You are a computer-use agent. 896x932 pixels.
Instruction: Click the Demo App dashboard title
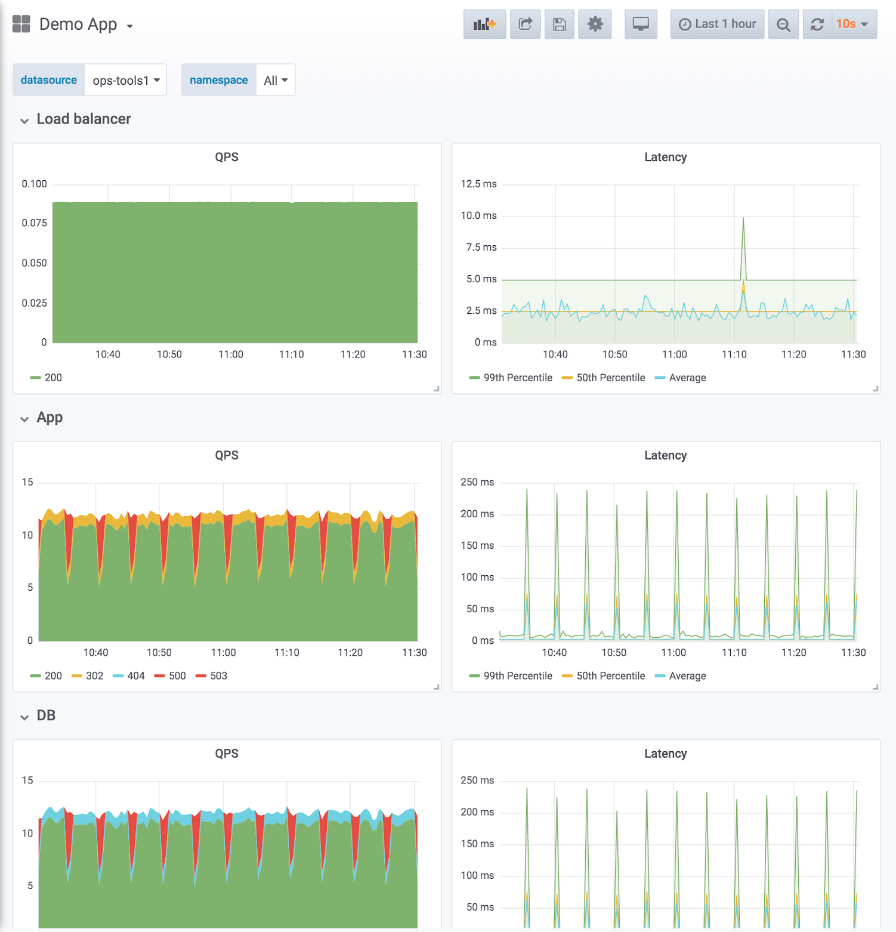pyautogui.click(x=78, y=24)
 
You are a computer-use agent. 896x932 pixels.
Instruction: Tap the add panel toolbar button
pyautogui.click(x=484, y=24)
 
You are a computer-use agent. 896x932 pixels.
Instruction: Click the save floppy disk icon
pyautogui.click(x=559, y=24)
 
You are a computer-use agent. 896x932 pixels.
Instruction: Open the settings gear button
pyautogui.click(x=595, y=24)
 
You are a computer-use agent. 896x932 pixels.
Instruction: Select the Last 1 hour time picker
pyautogui.click(x=717, y=24)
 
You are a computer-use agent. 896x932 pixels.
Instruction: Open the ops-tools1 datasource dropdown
pyautogui.click(x=126, y=81)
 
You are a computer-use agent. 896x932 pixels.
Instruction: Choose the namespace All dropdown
pyautogui.click(x=276, y=81)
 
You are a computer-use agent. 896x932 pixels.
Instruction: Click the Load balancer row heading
pyautogui.click(x=84, y=119)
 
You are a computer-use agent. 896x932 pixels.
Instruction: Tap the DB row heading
pyautogui.click(x=46, y=716)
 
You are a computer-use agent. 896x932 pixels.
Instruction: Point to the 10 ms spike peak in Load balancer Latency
pyautogui.click(x=743, y=218)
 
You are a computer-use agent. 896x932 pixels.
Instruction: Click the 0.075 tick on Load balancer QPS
pyautogui.click(x=35, y=223)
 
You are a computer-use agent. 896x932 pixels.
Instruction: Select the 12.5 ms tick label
pyautogui.click(x=478, y=184)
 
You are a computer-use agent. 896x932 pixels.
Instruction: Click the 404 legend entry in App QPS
pyautogui.click(x=135, y=676)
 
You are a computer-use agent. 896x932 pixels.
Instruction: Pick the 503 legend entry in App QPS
pyautogui.click(x=218, y=676)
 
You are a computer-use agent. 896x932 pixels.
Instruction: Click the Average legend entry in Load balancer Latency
pyautogui.click(x=687, y=378)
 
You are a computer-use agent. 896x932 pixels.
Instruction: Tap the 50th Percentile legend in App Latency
pyautogui.click(x=610, y=676)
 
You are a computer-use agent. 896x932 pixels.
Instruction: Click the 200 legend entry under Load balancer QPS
pyautogui.click(x=53, y=378)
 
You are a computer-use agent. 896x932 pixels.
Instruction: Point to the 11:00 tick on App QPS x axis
pyautogui.click(x=224, y=653)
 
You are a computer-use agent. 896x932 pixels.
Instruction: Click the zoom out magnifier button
pyautogui.click(x=783, y=24)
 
